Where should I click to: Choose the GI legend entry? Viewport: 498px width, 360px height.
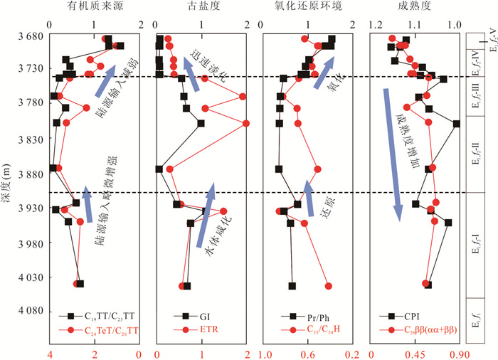(202, 317)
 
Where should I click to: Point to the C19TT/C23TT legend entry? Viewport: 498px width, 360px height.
(103, 317)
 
